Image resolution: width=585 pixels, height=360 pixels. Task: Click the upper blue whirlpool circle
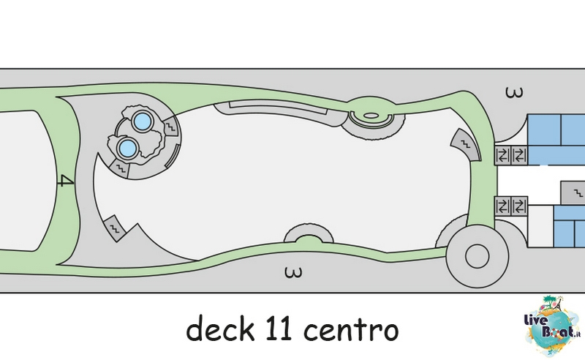pos(142,121)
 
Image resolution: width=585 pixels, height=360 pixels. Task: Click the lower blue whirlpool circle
pos(127,148)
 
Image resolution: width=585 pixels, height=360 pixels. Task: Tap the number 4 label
pos(67,181)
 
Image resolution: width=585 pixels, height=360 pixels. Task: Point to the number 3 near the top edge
pos(514,92)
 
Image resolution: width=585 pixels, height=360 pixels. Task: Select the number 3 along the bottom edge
pos(293,272)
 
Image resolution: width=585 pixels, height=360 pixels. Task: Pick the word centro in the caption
pos(351,330)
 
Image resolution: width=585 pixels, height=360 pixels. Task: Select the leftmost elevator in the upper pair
pos(503,155)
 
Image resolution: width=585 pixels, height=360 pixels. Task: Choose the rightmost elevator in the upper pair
pos(519,155)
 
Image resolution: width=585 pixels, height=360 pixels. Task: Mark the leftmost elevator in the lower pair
pos(503,206)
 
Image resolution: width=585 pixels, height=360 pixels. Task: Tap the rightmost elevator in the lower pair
pos(519,206)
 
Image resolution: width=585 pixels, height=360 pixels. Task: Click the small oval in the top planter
pos(370,116)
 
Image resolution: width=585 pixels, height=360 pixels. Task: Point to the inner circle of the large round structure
pos(478,256)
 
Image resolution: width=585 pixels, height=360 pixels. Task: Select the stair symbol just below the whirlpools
pos(120,168)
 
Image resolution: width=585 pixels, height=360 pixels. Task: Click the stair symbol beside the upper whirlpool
pos(170,127)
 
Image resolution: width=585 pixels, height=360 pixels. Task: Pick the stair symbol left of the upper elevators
pos(465,145)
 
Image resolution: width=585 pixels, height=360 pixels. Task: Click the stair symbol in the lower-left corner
pos(115,228)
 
